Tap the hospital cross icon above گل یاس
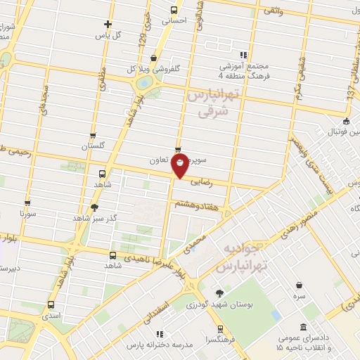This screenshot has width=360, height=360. [107, 24]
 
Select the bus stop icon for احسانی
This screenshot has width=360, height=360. [174, 10]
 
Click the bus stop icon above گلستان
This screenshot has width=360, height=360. [93, 136]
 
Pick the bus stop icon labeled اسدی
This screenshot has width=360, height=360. [51, 305]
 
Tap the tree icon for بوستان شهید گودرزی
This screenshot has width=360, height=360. [220, 293]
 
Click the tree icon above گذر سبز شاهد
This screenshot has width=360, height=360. [94, 207]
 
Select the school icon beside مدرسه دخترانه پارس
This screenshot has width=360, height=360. [159, 334]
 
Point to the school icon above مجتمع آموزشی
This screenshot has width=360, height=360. [243, 54]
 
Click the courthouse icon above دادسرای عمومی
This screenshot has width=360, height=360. [303, 328]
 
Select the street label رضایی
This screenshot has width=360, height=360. [216, 181]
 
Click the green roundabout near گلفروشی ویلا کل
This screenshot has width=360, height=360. [145, 83]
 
